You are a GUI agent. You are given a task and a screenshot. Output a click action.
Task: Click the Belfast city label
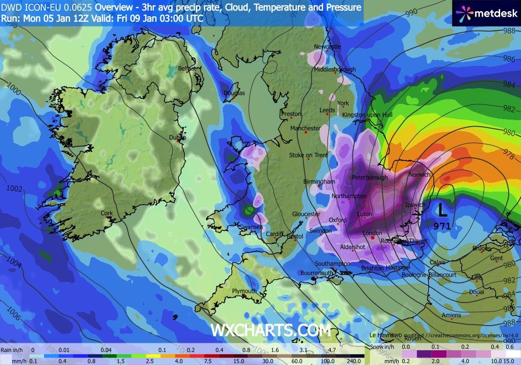tap(187, 68)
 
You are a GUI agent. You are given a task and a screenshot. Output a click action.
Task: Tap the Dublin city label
tap(177, 138)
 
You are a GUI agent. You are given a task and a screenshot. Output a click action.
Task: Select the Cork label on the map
tap(107, 213)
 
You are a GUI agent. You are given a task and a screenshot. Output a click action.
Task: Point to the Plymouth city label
tap(244, 291)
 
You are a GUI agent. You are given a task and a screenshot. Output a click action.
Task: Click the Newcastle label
tap(327, 47)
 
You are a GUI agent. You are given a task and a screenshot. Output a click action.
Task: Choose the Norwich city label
tap(419, 175)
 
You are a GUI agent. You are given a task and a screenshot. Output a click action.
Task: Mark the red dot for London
tap(372, 237)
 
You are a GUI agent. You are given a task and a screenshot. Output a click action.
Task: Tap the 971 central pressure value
tap(443, 226)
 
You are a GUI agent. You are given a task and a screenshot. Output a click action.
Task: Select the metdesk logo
tap(487, 13)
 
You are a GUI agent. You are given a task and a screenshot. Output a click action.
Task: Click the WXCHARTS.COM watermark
tap(271, 330)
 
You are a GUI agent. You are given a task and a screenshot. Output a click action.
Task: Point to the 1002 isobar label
tap(14, 188)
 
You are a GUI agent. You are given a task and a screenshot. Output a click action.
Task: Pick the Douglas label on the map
tap(234, 93)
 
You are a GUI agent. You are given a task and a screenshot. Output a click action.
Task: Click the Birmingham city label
tap(319, 182)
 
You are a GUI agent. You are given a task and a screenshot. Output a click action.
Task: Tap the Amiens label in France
tap(451, 315)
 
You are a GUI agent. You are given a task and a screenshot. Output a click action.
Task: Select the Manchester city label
tap(305, 128)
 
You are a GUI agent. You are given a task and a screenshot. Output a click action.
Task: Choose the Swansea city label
tap(251, 227)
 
